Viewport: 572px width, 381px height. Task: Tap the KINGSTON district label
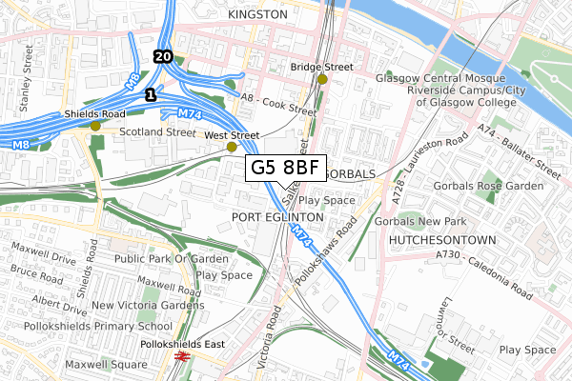click(258, 15)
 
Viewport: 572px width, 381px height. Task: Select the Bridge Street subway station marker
click(323, 79)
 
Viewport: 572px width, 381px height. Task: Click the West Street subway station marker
click(231, 148)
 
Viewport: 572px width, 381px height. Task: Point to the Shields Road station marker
click(94, 126)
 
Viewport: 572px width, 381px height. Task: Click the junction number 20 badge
click(162, 57)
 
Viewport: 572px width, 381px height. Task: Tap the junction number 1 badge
click(150, 95)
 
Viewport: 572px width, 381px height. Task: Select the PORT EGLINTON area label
click(278, 217)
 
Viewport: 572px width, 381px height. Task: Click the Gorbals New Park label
click(419, 222)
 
